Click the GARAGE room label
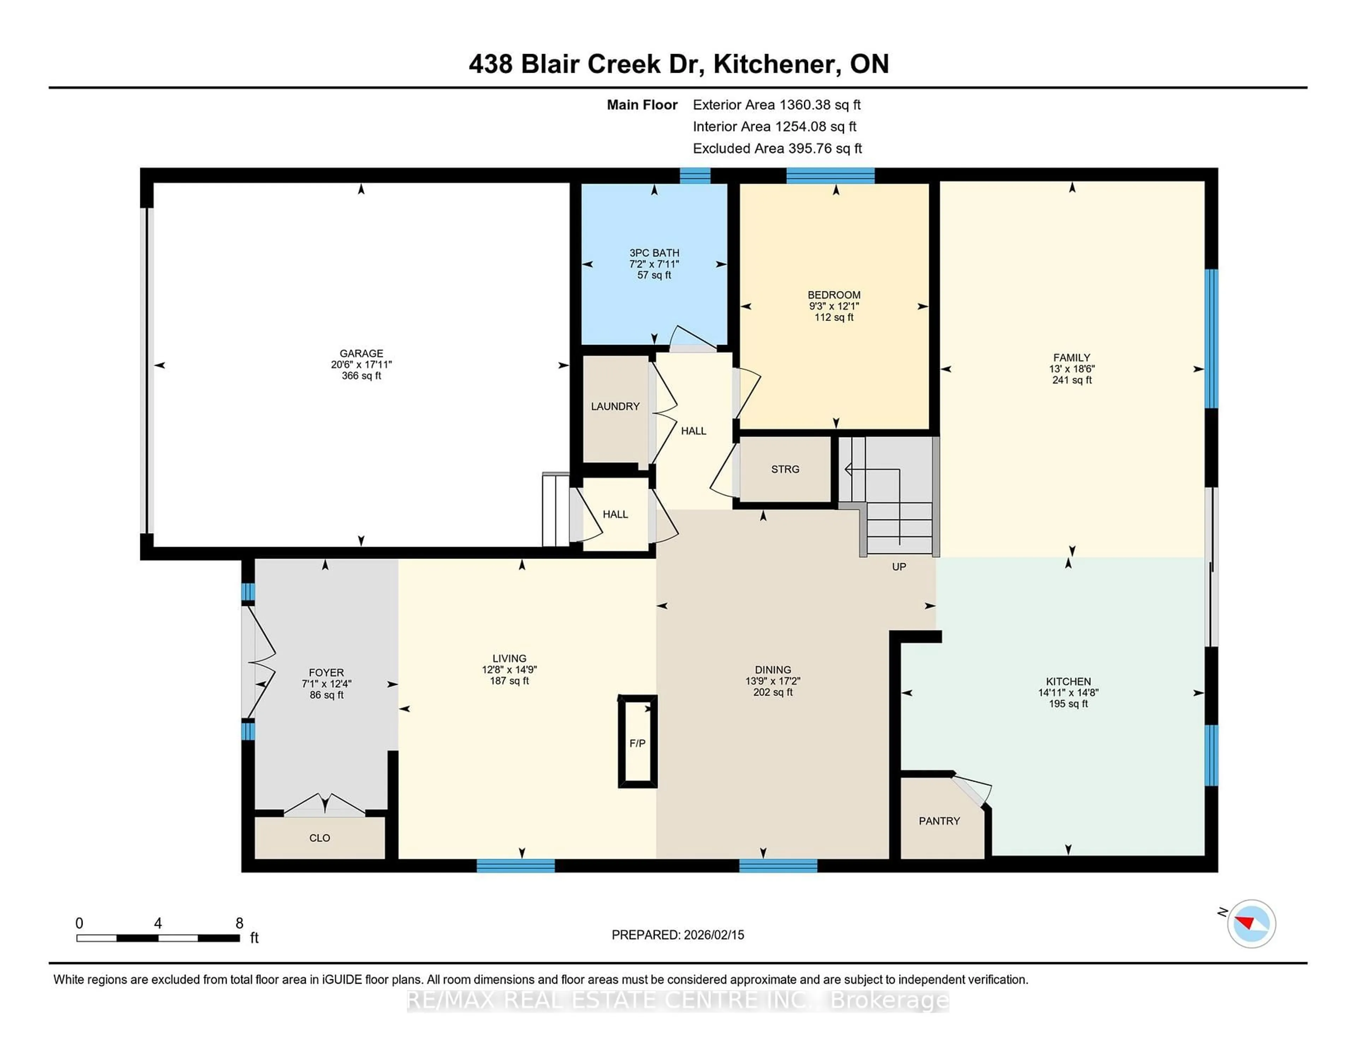361,353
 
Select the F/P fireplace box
637,743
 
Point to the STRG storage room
785,469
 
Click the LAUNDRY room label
615,406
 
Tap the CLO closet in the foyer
319,838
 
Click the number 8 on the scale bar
239,923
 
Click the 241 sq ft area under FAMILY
1072,380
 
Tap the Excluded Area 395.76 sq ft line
777,148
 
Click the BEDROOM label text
833,295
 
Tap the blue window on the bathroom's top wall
694,176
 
